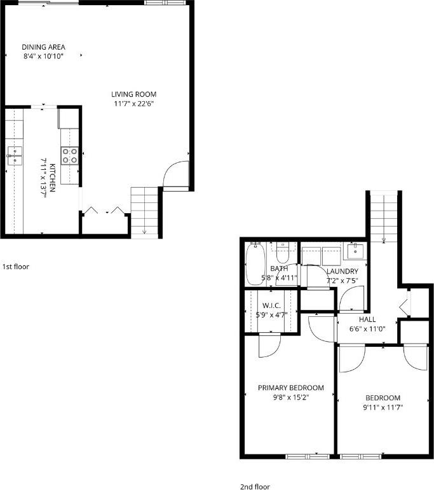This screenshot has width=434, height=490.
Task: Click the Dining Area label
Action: [x=43, y=46]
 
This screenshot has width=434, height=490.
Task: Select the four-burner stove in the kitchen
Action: [x=70, y=156]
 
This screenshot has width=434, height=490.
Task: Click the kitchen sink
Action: [x=14, y=155]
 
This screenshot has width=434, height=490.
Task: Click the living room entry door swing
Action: [x=175, y=175]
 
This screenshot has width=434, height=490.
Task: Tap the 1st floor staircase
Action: [x=144, y=210]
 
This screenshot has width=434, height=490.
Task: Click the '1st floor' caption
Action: [x=16, y=267]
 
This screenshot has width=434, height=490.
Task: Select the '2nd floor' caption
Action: [x=255, y=487]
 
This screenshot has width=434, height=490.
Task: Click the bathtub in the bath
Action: [x=255, y=263]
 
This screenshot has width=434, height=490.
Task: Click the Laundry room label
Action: [x=342, y=271]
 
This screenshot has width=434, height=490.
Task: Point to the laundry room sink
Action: [x=355, y=252]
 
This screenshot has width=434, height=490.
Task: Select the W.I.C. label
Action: [x=271, y=305]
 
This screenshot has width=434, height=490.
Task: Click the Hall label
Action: [x=367, y=319]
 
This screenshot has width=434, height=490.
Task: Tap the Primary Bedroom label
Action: [x=290, y=388]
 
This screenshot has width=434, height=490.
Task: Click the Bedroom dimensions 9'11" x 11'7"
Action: [x=382, y=407]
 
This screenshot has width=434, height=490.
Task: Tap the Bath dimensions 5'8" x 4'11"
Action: [x=280, y=278]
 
